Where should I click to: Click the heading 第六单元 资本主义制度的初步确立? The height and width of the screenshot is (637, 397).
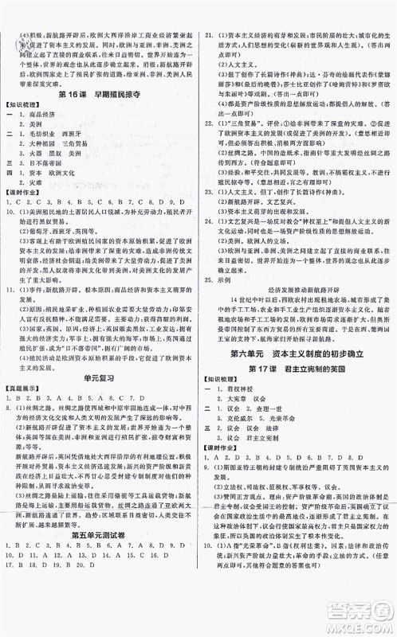[300, 355]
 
